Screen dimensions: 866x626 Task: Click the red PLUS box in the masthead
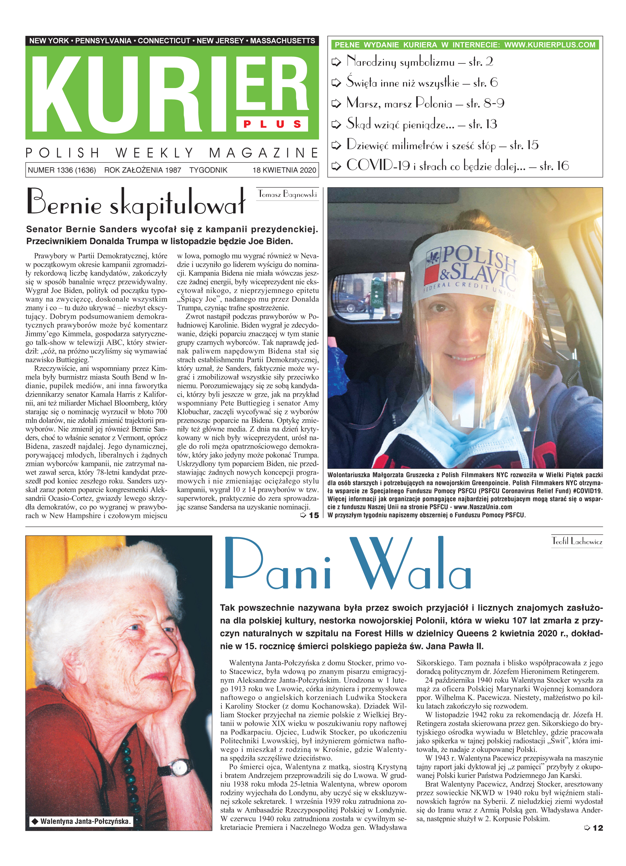pyautogui.click(x=272, y=124)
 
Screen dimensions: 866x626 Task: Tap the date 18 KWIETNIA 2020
pyautogui.click(x=284, y=170)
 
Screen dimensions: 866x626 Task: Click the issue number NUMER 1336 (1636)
pyautogui.click(x=62, y=170)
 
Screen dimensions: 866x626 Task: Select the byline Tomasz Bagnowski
pyautogui.click(x=288, y=194)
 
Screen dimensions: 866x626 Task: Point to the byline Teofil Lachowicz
pyautogui.click(x=577, y=541)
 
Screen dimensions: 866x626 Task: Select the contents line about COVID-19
pyautogui.click(x=457, y=166)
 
